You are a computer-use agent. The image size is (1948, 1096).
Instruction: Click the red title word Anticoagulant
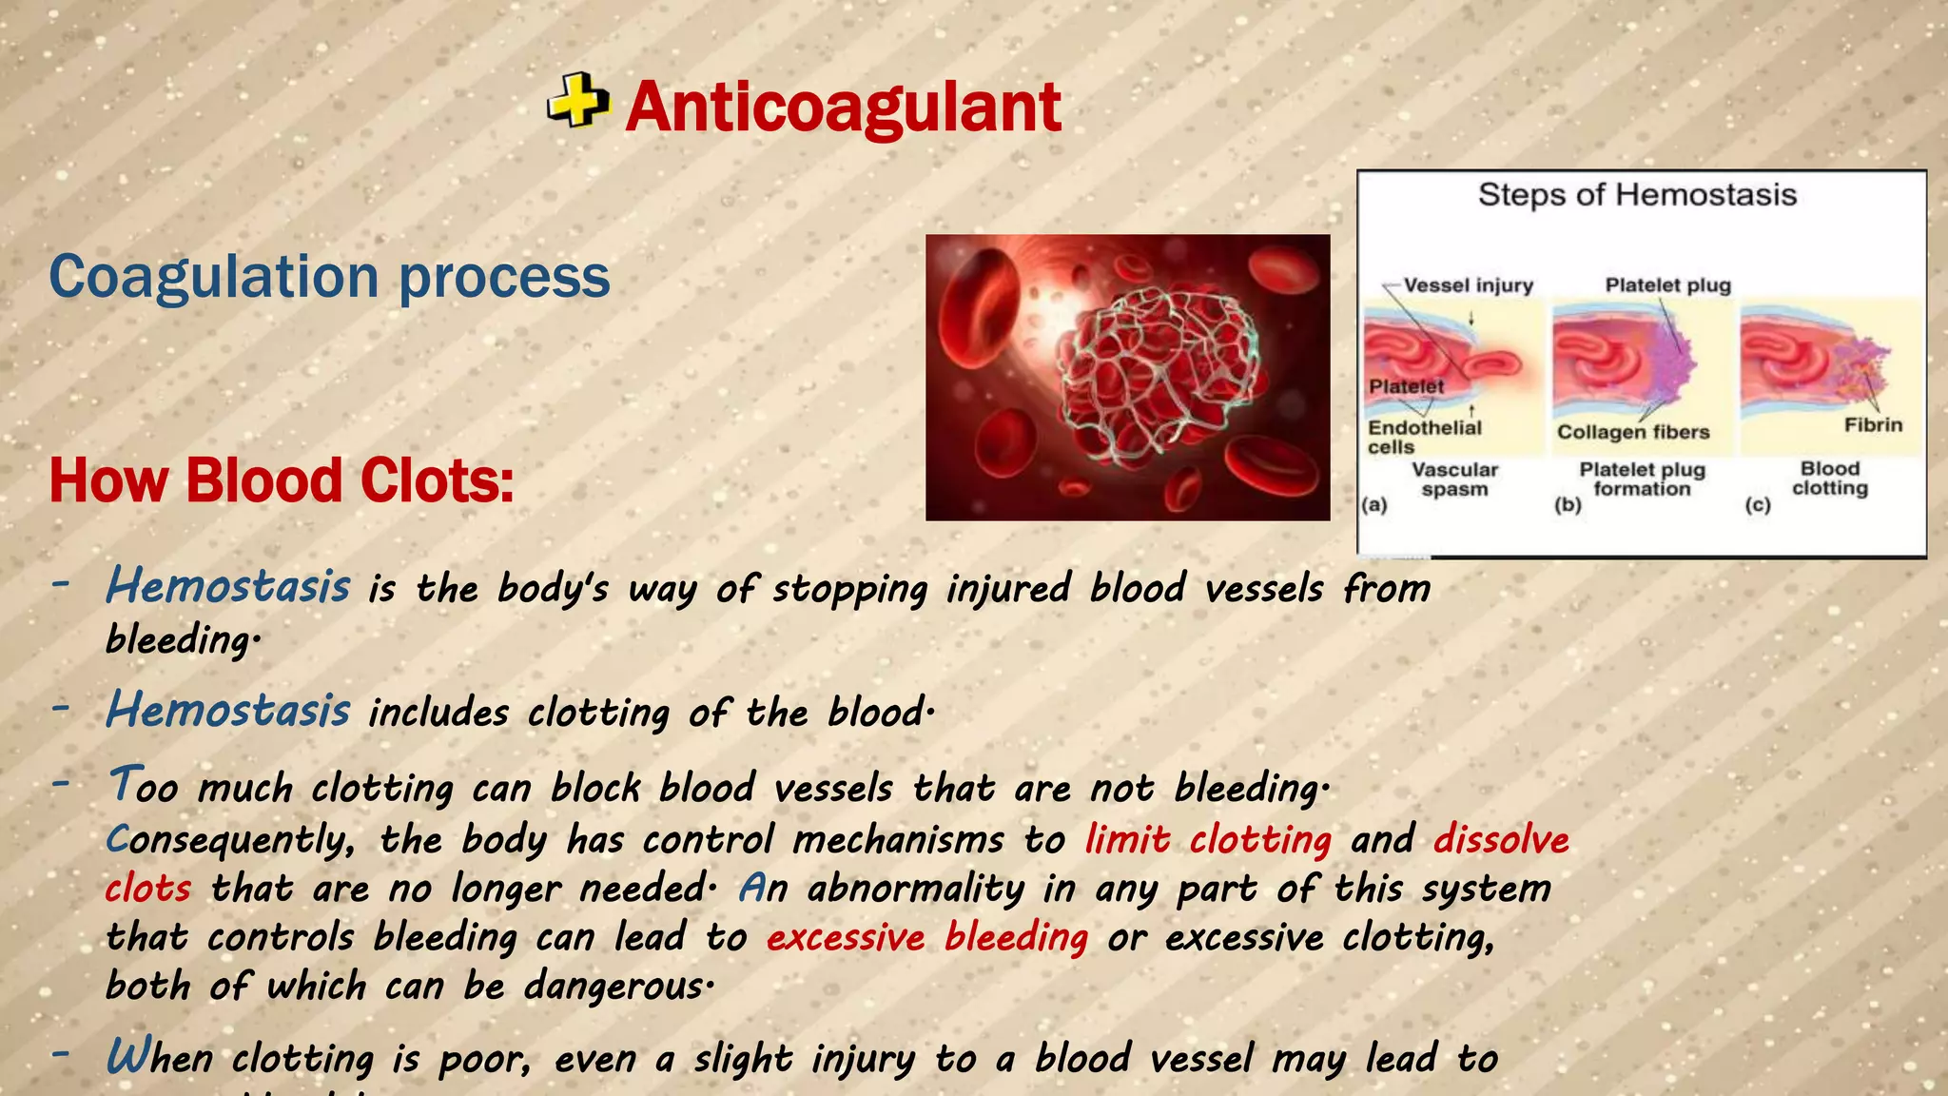click(x=843, y=107)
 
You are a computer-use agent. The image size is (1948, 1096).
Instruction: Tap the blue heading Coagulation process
click(x=329, y=277)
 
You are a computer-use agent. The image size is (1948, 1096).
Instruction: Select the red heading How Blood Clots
click(x=282, y=480)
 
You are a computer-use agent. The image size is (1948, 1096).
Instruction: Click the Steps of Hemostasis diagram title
click(x=1637, y=195)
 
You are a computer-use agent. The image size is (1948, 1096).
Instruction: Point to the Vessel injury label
click(x=1468, y=285)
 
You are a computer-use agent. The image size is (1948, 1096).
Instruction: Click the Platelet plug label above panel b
click(x=1667, y=285)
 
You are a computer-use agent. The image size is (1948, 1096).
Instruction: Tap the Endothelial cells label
click(x=1424, y=437)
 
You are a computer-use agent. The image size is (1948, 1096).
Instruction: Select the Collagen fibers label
click(x=1632, y=432)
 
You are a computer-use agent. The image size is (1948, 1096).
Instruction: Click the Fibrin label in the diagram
click(x=1873, y=425)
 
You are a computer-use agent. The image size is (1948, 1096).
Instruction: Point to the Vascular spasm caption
click(x=1454, y=479)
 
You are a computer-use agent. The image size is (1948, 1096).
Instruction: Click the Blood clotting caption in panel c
click(x=1829, y=479)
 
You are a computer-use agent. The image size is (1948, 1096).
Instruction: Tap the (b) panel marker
click(x=1568, y=504)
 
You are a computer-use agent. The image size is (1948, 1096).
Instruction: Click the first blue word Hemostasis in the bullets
click(x=228, y=586)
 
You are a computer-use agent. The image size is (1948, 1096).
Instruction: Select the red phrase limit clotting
click(x=1208, y=840)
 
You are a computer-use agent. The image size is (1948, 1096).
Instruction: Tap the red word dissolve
click(x=1501, y=840)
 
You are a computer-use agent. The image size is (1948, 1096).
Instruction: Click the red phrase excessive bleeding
click(x=927, y=938)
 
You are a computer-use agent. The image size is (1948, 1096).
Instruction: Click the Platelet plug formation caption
click(x=1642, y=479)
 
